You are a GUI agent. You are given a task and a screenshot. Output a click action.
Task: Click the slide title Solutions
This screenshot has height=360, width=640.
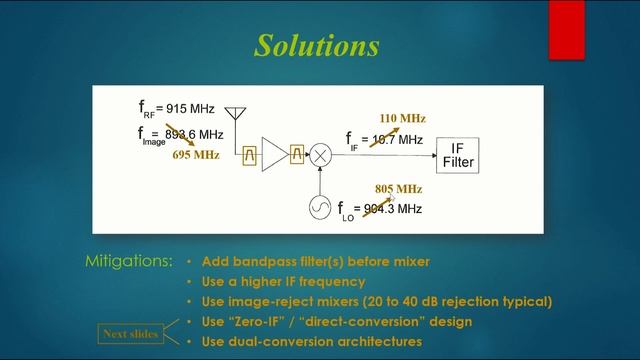(x=317, y=46)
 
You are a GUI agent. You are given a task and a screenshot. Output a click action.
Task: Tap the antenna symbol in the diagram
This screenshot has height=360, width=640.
(x=235, y=112)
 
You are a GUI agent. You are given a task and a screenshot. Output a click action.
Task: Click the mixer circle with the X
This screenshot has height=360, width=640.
(x=320, y=155)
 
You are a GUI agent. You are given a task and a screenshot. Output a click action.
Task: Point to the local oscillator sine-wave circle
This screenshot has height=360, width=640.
(x=320, y=208)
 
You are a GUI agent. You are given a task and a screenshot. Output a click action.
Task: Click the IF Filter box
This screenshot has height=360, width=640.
(x=458, y=155)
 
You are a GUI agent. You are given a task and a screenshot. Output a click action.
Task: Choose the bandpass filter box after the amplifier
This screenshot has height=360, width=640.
(x=297, y=155)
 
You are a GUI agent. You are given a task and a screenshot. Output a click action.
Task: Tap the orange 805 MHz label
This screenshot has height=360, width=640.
(x=398, y=188)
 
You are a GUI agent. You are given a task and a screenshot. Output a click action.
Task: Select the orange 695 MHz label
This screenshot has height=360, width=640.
(x=195, y=155)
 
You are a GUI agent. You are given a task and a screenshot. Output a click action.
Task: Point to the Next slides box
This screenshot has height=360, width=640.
(x=131, y=333)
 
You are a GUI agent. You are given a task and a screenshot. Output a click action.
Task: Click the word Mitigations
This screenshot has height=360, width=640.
(x=129, y=262)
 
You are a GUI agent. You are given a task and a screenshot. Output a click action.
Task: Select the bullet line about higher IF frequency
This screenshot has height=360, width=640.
(x=283, y=282)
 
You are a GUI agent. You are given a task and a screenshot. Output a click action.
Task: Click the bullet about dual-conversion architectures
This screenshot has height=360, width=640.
(x=311, y=342)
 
